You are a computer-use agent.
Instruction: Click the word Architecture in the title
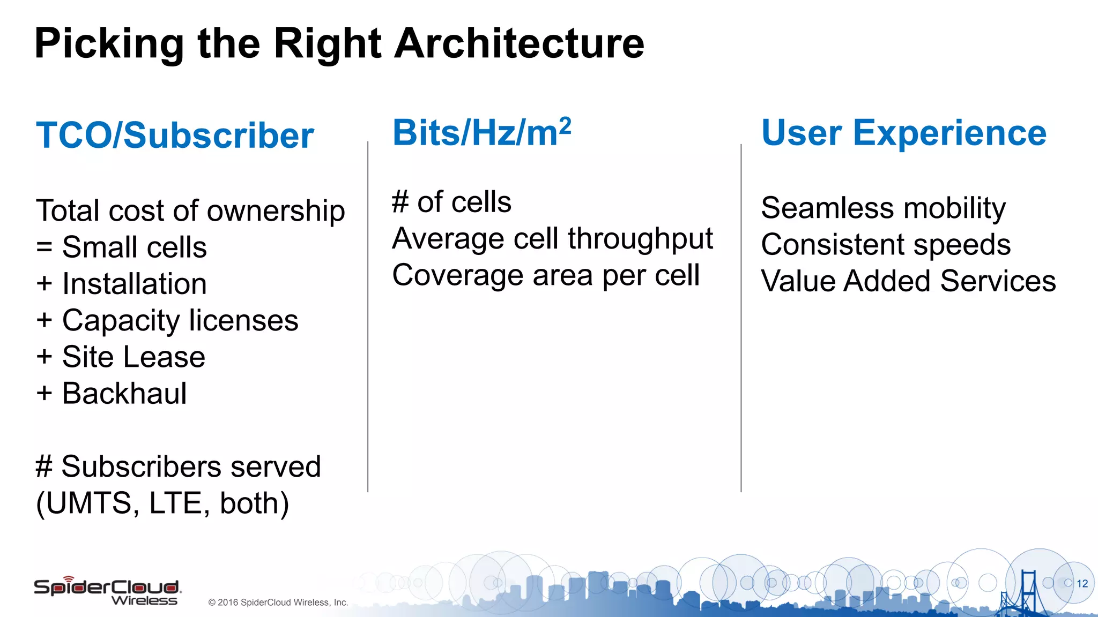coord(519,44)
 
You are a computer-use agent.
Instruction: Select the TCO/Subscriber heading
coord(175,135)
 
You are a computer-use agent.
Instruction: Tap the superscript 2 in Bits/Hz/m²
coord(565,125)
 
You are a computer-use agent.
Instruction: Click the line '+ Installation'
coord(122,284)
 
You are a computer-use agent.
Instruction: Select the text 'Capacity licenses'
coord(180,321)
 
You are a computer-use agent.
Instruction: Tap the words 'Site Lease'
coord(133,357)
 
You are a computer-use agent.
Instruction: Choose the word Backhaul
coord(124,394)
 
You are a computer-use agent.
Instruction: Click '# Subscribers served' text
coord(178,466)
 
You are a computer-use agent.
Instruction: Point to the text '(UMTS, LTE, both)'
coord(162,503)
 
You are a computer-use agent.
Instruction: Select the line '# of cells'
coord(451,202)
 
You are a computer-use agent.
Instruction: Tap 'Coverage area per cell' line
coord(546,275)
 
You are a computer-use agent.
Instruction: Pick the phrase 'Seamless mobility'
coord(883,208)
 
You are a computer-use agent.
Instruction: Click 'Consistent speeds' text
coord(886,245)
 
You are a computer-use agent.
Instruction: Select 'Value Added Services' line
coord(908,281)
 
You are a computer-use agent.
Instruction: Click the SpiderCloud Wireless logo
coord(107,591)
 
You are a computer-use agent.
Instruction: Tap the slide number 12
coord(1082,584)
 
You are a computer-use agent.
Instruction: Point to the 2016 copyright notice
coord(278,603)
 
